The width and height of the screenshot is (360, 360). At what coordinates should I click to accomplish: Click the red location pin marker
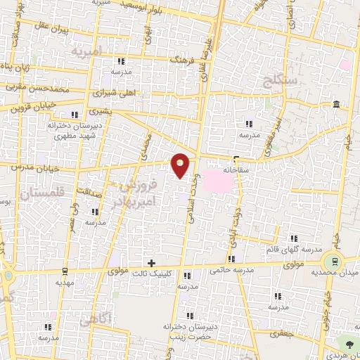click(181, 165)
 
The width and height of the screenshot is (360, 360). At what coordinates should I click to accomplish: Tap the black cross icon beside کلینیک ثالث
click(151, 262)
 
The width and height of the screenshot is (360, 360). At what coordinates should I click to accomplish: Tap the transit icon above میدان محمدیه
click(335, 261)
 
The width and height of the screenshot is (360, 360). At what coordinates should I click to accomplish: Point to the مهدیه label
click(65, 281)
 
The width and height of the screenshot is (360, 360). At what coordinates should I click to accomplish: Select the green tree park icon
click(349, 343)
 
